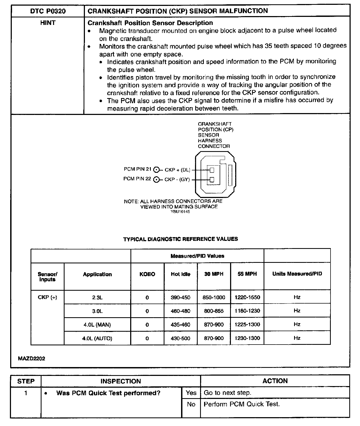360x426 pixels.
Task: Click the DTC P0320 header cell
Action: tap(48, 11)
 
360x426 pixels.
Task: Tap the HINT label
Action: tap(48, 23)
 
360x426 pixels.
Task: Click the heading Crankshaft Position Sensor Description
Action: tap(150, 23)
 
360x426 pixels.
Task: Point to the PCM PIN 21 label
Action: tap(137, 169)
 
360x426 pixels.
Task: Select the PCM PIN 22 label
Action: tap(137, 179)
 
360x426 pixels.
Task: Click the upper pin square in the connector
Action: tap(212, 170)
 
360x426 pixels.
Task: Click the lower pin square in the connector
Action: tap(212, 180)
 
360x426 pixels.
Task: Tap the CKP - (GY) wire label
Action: tap(177, 180)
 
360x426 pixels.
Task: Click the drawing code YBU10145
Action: tap(180, 212)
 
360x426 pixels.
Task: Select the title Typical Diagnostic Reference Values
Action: tap(180, 239)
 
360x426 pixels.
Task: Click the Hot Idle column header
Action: tap(181, 274)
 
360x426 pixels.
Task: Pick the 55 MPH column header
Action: tap(247, 274)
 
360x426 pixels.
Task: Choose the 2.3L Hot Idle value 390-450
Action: tap(181, 297)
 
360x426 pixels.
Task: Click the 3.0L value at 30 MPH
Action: tap(214, 311)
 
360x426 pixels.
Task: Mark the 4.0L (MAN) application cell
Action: tap(97, 325)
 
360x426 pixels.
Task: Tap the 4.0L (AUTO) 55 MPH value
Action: tap(247, 338)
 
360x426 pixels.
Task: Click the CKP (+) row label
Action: tap(47, 297)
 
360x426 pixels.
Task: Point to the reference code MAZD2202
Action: tap(32, 358)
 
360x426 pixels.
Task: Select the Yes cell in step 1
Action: tap(191, 393)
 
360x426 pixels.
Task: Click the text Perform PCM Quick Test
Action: tap(242, 404)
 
